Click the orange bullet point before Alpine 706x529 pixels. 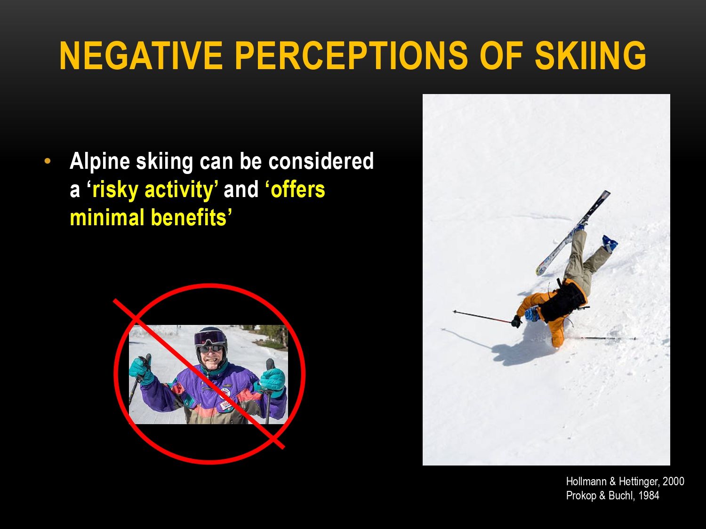coord(48,161)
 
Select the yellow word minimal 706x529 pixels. coord(107,217)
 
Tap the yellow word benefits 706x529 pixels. coord(189,217)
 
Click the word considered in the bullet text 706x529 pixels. coord(321,161)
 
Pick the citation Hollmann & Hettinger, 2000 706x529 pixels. coord(625,481)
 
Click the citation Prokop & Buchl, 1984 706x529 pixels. coord(612,495)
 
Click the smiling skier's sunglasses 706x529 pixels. coord(211,348)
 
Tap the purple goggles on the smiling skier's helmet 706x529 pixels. coord(210,338)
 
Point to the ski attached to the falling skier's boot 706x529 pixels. coord(573,233)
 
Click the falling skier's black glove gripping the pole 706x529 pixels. coord(516,321)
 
